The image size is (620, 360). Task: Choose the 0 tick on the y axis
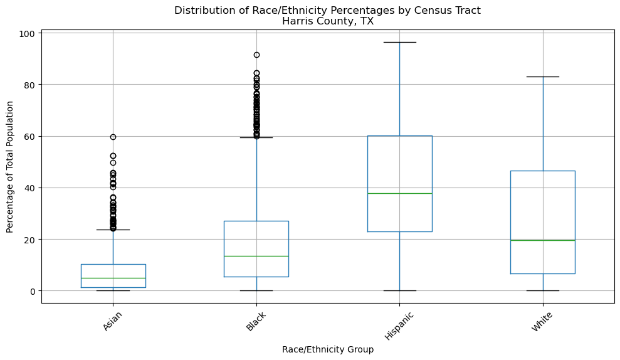[x=33, y=291]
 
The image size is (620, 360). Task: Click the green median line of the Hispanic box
[x=399, y=193]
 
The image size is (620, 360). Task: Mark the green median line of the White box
[x=542, y=240]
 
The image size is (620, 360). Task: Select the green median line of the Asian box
[x=113, y=278]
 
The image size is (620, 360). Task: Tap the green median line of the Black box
[x=256, y=256]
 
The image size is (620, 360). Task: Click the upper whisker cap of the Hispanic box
[x=399, y=42]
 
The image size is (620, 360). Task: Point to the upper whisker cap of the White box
[x=542, y=77]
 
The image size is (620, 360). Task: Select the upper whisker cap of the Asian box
[x=113, y=230]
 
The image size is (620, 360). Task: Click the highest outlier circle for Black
[x=256, y=55]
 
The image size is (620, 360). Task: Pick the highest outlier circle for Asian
[x=113, y=137]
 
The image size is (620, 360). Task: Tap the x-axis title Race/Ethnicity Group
[x=327, y=349]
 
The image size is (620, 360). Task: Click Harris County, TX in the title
[x=327, y=21]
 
